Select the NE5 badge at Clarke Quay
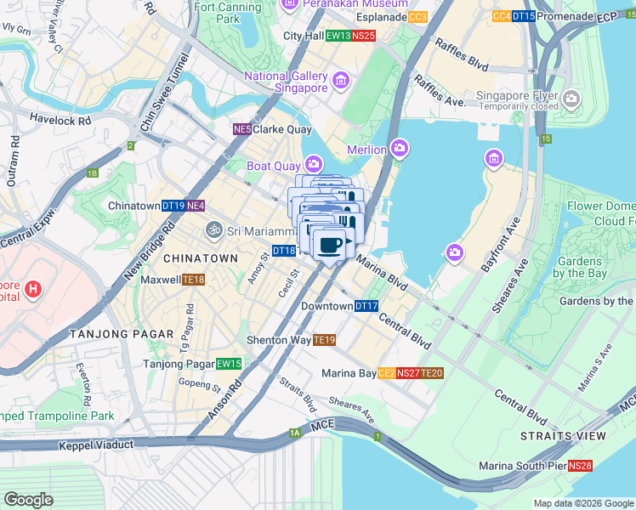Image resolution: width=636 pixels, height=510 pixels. pyautogui.click(x=242, y=129)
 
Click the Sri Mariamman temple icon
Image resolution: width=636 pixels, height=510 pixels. pyautogui.click(x=213, y=229)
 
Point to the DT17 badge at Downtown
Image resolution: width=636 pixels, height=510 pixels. pyautogui.click(x=366, y=306)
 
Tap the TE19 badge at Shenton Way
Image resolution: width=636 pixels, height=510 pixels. pyautogui.click(x=324, y=340)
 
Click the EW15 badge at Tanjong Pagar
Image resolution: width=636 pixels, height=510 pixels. pyautogui.click(x=229, y=364)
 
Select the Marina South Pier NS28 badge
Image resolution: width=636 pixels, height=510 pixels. pyautogui.click(x=580, y=466)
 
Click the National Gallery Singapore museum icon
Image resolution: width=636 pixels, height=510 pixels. pyautogui.click(x=342, y=82)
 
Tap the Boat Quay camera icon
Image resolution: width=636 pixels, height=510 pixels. pyautogui.click(x=314, y=164)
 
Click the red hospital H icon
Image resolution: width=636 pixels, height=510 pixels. pyautogui.click(x=32, y=290)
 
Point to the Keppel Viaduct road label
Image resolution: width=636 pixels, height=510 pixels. pyautogui.click(x=96, y=445)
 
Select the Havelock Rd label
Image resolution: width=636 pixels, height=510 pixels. pyautogui.click(x=60, y=121)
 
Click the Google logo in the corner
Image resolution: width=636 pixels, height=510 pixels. pyautogui.click(x=28, y=500)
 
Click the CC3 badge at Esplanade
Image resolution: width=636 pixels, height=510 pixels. pyautogui.click(x=417, y=17)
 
